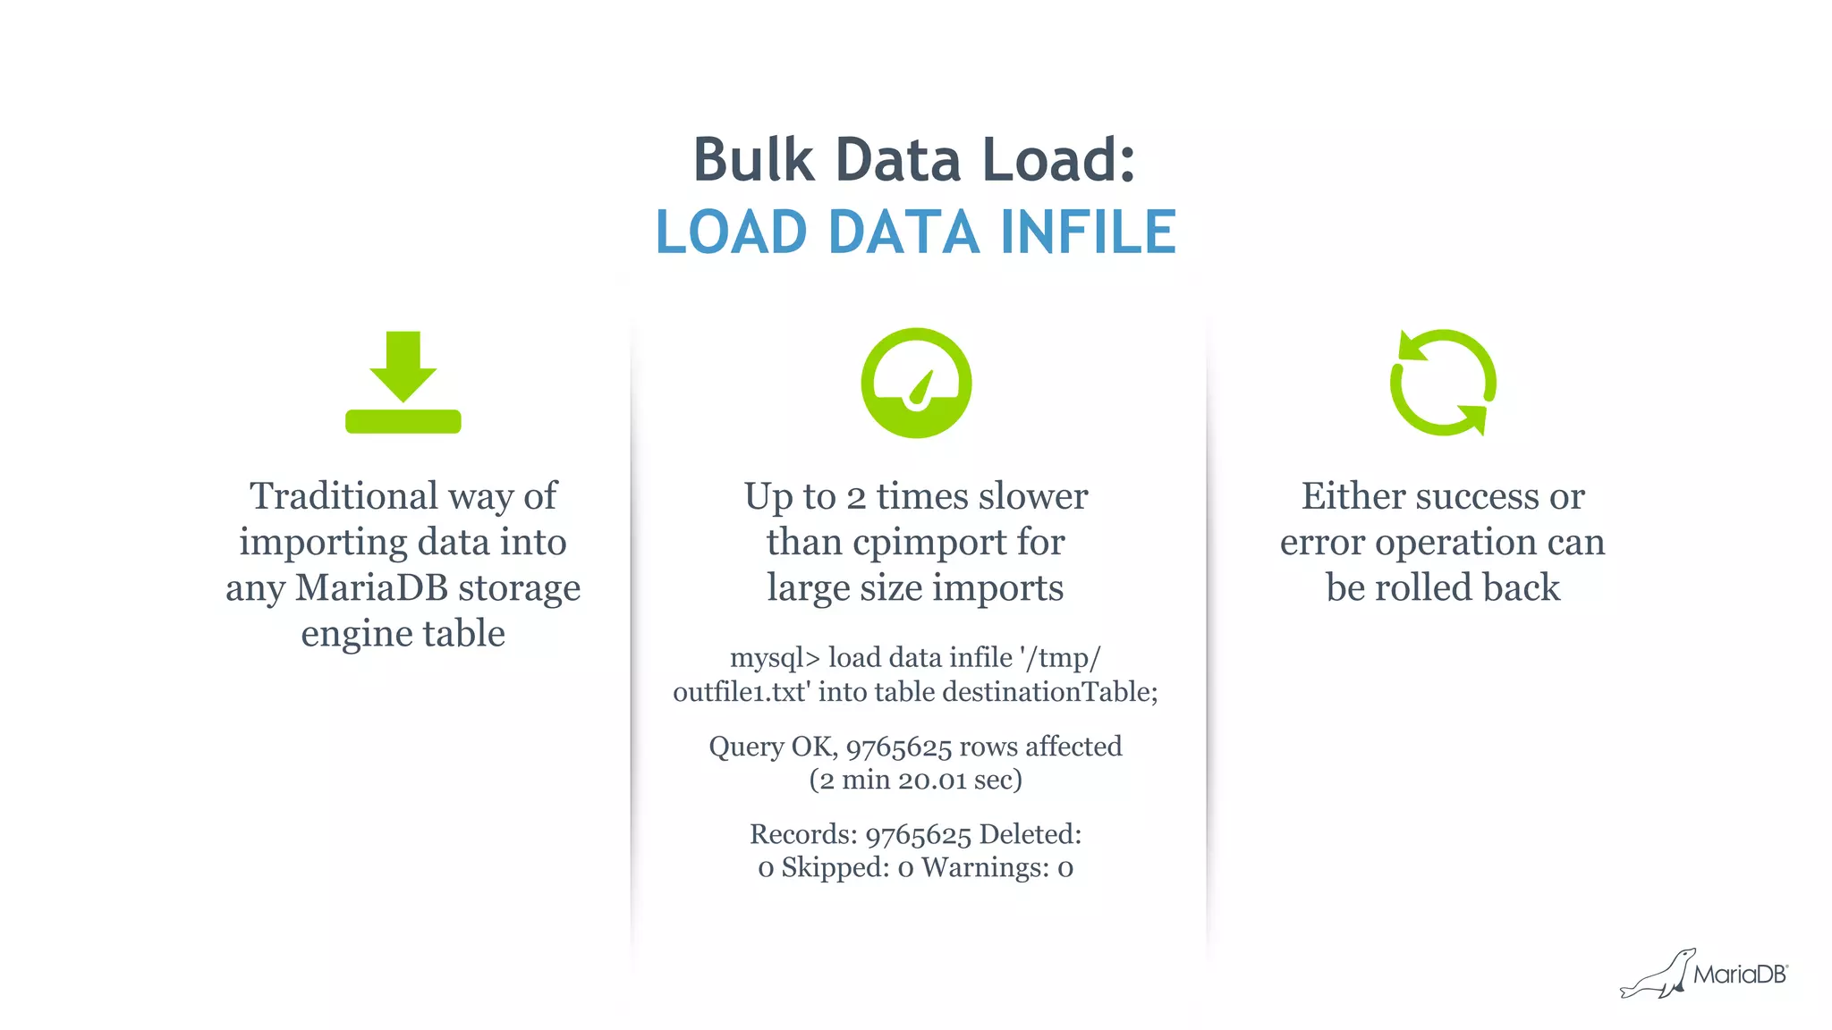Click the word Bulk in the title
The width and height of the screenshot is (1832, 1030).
click(753, 160)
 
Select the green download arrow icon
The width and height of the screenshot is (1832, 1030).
click(403, 383)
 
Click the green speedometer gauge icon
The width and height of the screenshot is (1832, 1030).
click(916, 383)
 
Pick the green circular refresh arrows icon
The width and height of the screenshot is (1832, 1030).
click(1442, 383)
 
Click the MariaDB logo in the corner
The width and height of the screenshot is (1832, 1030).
click(1704, 974)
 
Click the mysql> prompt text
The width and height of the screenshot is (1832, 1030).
click(775, 658)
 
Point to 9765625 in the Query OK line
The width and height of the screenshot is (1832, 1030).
click(898, 747)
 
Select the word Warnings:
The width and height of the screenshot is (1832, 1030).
click(985, 867)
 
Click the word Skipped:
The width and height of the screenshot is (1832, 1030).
click(835, 867)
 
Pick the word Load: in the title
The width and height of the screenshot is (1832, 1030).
click(1058, 160)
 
